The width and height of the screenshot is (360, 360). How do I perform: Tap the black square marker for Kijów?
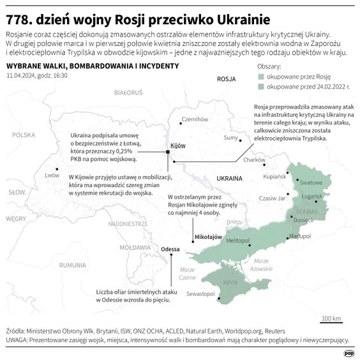click(167, 152)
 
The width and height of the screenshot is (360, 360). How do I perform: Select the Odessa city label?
click(170, 249)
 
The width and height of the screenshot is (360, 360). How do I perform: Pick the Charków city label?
click(254, 160)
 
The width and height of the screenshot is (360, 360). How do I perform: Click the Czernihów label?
click(195, 119)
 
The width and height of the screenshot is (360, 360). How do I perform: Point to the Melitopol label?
click(237, 239)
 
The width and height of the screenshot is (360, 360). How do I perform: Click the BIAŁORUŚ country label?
click(128, 93)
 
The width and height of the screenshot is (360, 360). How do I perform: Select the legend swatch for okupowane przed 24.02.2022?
click(260, 86)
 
